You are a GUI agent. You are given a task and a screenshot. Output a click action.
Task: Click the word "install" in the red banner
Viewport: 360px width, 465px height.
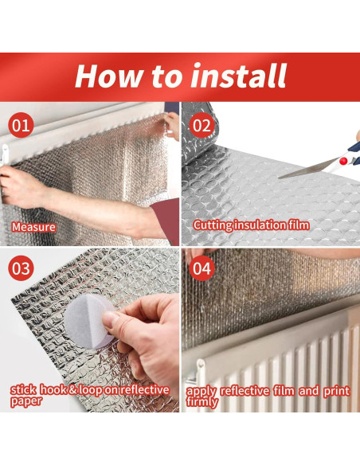[x=238, y=76]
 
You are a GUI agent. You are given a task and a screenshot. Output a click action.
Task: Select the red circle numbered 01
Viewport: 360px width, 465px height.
[x=21, y=125]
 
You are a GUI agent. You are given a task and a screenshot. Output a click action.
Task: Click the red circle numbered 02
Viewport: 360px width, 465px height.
[x=202, y=125]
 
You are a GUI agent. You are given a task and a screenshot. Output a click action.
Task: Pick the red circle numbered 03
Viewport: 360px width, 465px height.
[x=21, y=268]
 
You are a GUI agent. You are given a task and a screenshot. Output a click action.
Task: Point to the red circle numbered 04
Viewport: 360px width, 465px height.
[x=202, y=268]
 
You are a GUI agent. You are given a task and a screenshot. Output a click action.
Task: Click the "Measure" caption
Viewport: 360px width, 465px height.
[x=33, y=227]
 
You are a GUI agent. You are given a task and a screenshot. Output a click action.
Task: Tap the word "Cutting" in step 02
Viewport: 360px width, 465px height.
[x=213, y=225]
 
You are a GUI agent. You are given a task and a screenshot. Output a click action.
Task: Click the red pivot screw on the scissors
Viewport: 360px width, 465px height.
[x=343, y=161]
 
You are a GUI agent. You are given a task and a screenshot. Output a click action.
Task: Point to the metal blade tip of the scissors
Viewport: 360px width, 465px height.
[x=280, y=178]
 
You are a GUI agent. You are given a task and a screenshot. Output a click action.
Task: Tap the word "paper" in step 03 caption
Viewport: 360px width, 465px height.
[x=26, y=401]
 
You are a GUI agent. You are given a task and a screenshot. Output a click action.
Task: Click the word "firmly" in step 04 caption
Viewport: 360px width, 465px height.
[x=202, y=402]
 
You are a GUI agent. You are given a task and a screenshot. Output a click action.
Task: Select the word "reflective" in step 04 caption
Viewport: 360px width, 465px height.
[x=245, y=391]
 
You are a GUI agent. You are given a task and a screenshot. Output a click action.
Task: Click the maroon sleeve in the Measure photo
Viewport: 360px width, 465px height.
[x=165, y=221]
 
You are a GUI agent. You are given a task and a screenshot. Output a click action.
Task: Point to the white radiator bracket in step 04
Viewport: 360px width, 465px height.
[x=200, y=369]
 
